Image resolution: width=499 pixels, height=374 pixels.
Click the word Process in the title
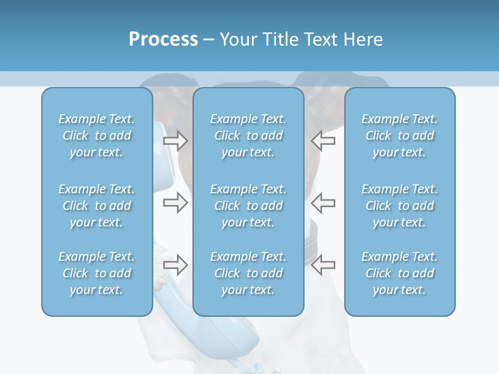click(x=163, y=39)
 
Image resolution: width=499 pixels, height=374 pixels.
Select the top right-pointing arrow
click(x=175, y=141)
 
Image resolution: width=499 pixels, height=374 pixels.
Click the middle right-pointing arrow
click(x=175, y=203)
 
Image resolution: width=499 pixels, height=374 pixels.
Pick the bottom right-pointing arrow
click(x=175, y=264)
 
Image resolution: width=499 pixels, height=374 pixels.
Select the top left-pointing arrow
click(x=323, y=141)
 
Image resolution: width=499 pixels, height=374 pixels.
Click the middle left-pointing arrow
click(x=323, y=203)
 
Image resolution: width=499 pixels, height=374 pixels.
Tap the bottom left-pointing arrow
click(x=323, y=264)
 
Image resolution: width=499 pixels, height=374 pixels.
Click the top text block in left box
click(x=97, y=136)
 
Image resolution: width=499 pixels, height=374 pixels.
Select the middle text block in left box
click(x=97, y=206)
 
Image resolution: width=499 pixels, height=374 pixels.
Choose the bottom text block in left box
click(x=97, y=273)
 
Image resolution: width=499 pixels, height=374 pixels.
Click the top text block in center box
click(x=248, y=136)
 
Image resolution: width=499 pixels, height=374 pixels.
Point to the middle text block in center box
click(x=248, y=206)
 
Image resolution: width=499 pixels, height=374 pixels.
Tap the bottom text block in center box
click(x=248, y=273)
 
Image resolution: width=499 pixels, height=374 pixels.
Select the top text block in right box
click(x=399, y=136)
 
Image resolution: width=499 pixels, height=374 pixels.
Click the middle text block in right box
click(x=399, y=206)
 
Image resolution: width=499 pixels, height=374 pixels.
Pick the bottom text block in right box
click(x=399, y=273)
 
